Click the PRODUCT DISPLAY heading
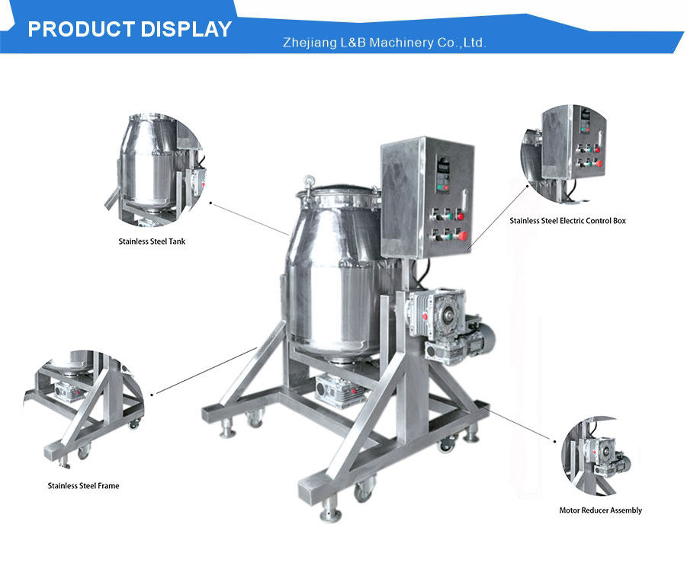(130, 29)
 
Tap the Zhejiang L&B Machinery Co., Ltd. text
(384, 43)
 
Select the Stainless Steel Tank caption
(152, 242)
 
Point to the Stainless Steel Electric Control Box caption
(567, 221)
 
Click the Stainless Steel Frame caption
(83, 485)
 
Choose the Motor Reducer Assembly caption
(600, 510)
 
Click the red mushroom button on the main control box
(462, 236)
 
